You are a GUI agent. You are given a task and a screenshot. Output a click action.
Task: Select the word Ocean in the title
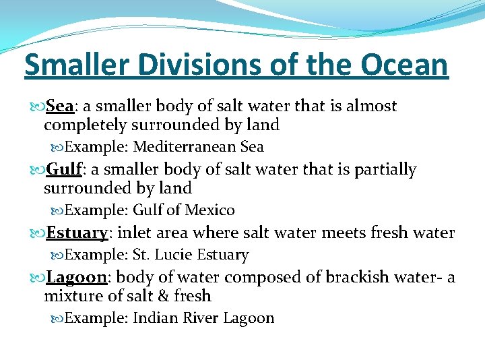(x=404, y=65)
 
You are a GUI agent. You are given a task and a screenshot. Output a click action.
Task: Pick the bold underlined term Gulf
(x=61, y=170)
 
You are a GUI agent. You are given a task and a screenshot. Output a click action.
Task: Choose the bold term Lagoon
(x=77, y=277)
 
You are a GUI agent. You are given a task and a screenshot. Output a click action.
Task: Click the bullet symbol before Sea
(x=38, y=107)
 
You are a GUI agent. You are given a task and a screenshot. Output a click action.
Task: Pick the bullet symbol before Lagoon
(x=38, y=278)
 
